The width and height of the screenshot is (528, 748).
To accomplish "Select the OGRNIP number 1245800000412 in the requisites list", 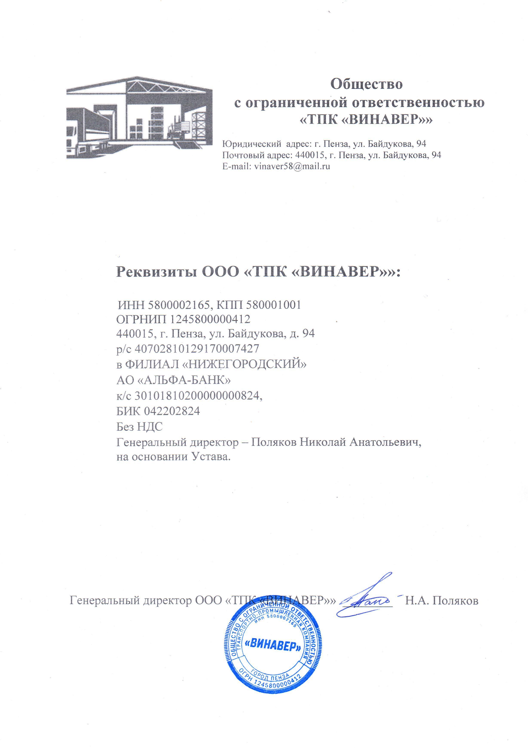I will [x=210, y=319].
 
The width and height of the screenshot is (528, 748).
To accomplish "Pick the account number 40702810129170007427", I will [x=197, y=349].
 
